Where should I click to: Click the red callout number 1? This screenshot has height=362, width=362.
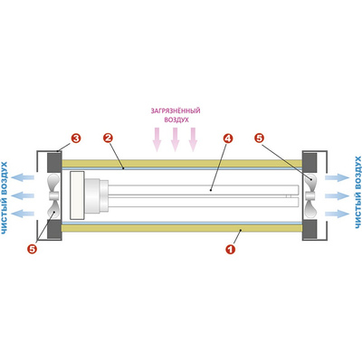tap(231, 249)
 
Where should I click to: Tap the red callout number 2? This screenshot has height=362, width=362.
tap(108, 138)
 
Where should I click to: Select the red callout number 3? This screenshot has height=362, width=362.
tap(76, 138)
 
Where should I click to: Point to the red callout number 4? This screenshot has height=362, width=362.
tap(228, 138)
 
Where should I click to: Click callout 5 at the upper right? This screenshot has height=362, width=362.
tap(259, 138)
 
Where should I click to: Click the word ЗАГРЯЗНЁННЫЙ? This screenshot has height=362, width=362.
tap(176, 110)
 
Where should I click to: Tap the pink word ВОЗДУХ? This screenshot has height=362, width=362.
tap(176, 119)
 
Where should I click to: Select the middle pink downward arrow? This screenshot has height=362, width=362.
tap(175, 139)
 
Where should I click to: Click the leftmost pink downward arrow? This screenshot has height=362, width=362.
tap(157, 139)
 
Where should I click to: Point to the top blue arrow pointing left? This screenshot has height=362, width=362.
tap(23, 177)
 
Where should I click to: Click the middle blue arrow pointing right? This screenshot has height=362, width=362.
tap(337, 195)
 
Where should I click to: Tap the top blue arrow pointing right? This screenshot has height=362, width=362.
tap(337, 177)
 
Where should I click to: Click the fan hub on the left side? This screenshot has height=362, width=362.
tap(54, 196)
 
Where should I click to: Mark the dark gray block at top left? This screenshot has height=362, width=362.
tap(54, 163)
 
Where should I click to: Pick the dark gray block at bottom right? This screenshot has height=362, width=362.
tap(310, 229)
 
